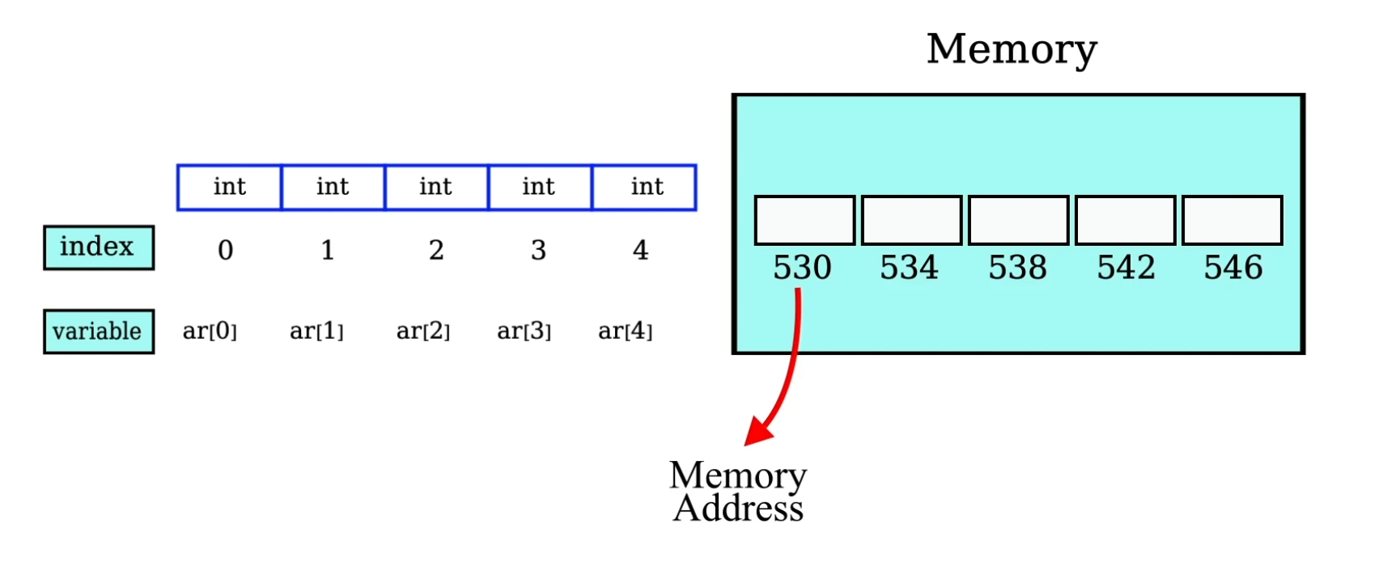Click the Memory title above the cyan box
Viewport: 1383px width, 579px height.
pyautogui.click(x=1012, y=49)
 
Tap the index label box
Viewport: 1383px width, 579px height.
pyautogui.click(x=98, y=247)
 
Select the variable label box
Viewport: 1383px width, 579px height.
pyautogui.click(x=98, y=331)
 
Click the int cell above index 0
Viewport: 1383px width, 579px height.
pyautogui.click(x=230, y=188)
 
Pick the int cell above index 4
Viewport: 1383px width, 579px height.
pyautogui.click(x=645, y=188)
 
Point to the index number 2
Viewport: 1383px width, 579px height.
pyautogui.click(x=436, y=250)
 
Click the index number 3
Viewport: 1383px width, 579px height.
pyautogui.click(x=538, y=250)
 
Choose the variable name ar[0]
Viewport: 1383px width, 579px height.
pyautogui.click(x=210, y=331)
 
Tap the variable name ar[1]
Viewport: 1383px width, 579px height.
pyautogui.click(x=316, y=331)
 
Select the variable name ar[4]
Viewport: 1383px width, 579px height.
pyautogui.click(x=625, y=331)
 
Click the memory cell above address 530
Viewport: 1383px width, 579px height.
pyautogui.click(x=804, y=220)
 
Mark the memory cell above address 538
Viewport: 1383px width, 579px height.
pyautogui.click(x=1018, y=220)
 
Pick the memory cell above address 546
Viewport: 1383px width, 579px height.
pyautogui.click(x=1232, y=220)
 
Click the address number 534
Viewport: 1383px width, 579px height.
pyautogui.click(x=909, y=268)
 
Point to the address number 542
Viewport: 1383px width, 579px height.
pyautogui.click(x=1126, y=268)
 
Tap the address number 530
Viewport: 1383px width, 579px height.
pyautogui.click(x=802, y=268)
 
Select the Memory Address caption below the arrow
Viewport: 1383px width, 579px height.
pyautogui.click(x=738, y=492)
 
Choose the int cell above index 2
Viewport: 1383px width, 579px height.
pyautogui.click(x=436, y=188)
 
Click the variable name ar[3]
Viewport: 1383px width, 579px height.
pyautogui.click(x=524, y=331)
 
